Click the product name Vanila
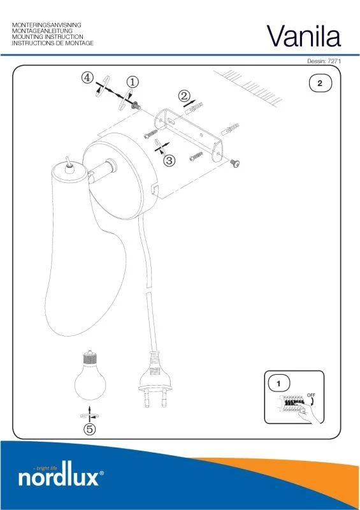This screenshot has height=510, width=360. click(304, 36)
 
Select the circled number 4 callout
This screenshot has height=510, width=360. click(87, 78)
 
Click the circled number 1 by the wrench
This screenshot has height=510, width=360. click(133, 82)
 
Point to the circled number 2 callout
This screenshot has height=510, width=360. click(184, 96)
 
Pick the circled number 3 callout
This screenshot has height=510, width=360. click(169, 160)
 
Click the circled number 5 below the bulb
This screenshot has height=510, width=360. click(90, 429)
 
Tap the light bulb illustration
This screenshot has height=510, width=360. click(90, 375)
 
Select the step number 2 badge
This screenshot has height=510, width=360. click(320, 83)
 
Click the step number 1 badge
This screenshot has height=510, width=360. click(278, 384)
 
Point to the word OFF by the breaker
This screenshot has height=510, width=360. click(311, 395)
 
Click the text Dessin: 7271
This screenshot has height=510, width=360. click(324, 61)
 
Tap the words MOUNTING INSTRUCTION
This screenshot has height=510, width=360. click(48, 37)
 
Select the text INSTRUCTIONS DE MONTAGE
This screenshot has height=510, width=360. click(53, 43)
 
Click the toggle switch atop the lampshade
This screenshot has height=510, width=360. click(69, 165)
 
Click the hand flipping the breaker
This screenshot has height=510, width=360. click(310, 412)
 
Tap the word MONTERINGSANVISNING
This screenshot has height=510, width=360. click(47, 25)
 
